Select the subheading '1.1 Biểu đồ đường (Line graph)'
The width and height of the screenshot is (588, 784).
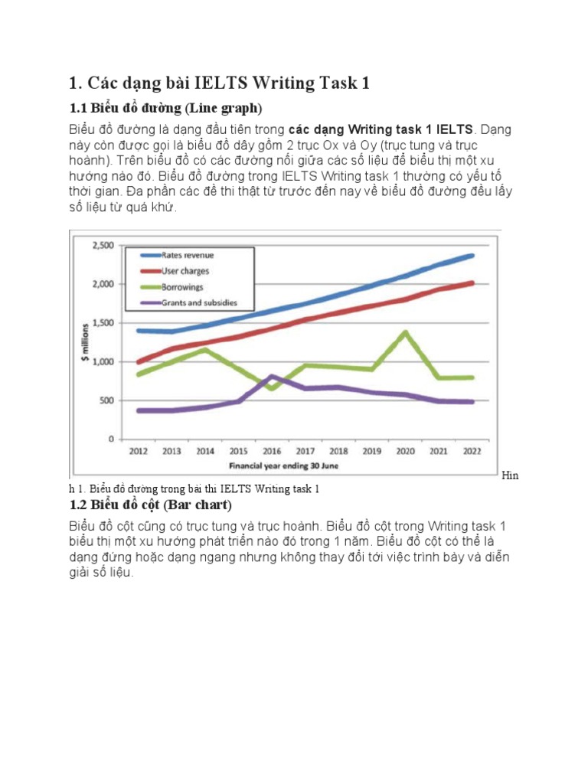tap(166, 106)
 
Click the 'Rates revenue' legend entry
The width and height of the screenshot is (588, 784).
tap(188, 255)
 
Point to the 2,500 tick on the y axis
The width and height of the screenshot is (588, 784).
tap(103, 245)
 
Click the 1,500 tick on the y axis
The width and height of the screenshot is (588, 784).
tap(103, 323)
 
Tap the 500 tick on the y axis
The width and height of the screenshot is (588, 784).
tap(106, 400)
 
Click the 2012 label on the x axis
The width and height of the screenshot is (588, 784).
tap(138, 452)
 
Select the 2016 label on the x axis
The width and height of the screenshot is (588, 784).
tap(272, 452)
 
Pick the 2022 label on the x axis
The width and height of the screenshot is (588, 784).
tap(472, 452)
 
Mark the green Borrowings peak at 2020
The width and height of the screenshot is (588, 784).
tap(405, 332)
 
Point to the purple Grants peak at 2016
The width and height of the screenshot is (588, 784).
tap(273, 376)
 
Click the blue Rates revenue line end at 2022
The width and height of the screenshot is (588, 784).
tap(472, 255)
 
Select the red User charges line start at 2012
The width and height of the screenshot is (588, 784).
tap(139, 362)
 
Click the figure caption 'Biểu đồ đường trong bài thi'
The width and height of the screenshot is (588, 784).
tap(203, 488)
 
